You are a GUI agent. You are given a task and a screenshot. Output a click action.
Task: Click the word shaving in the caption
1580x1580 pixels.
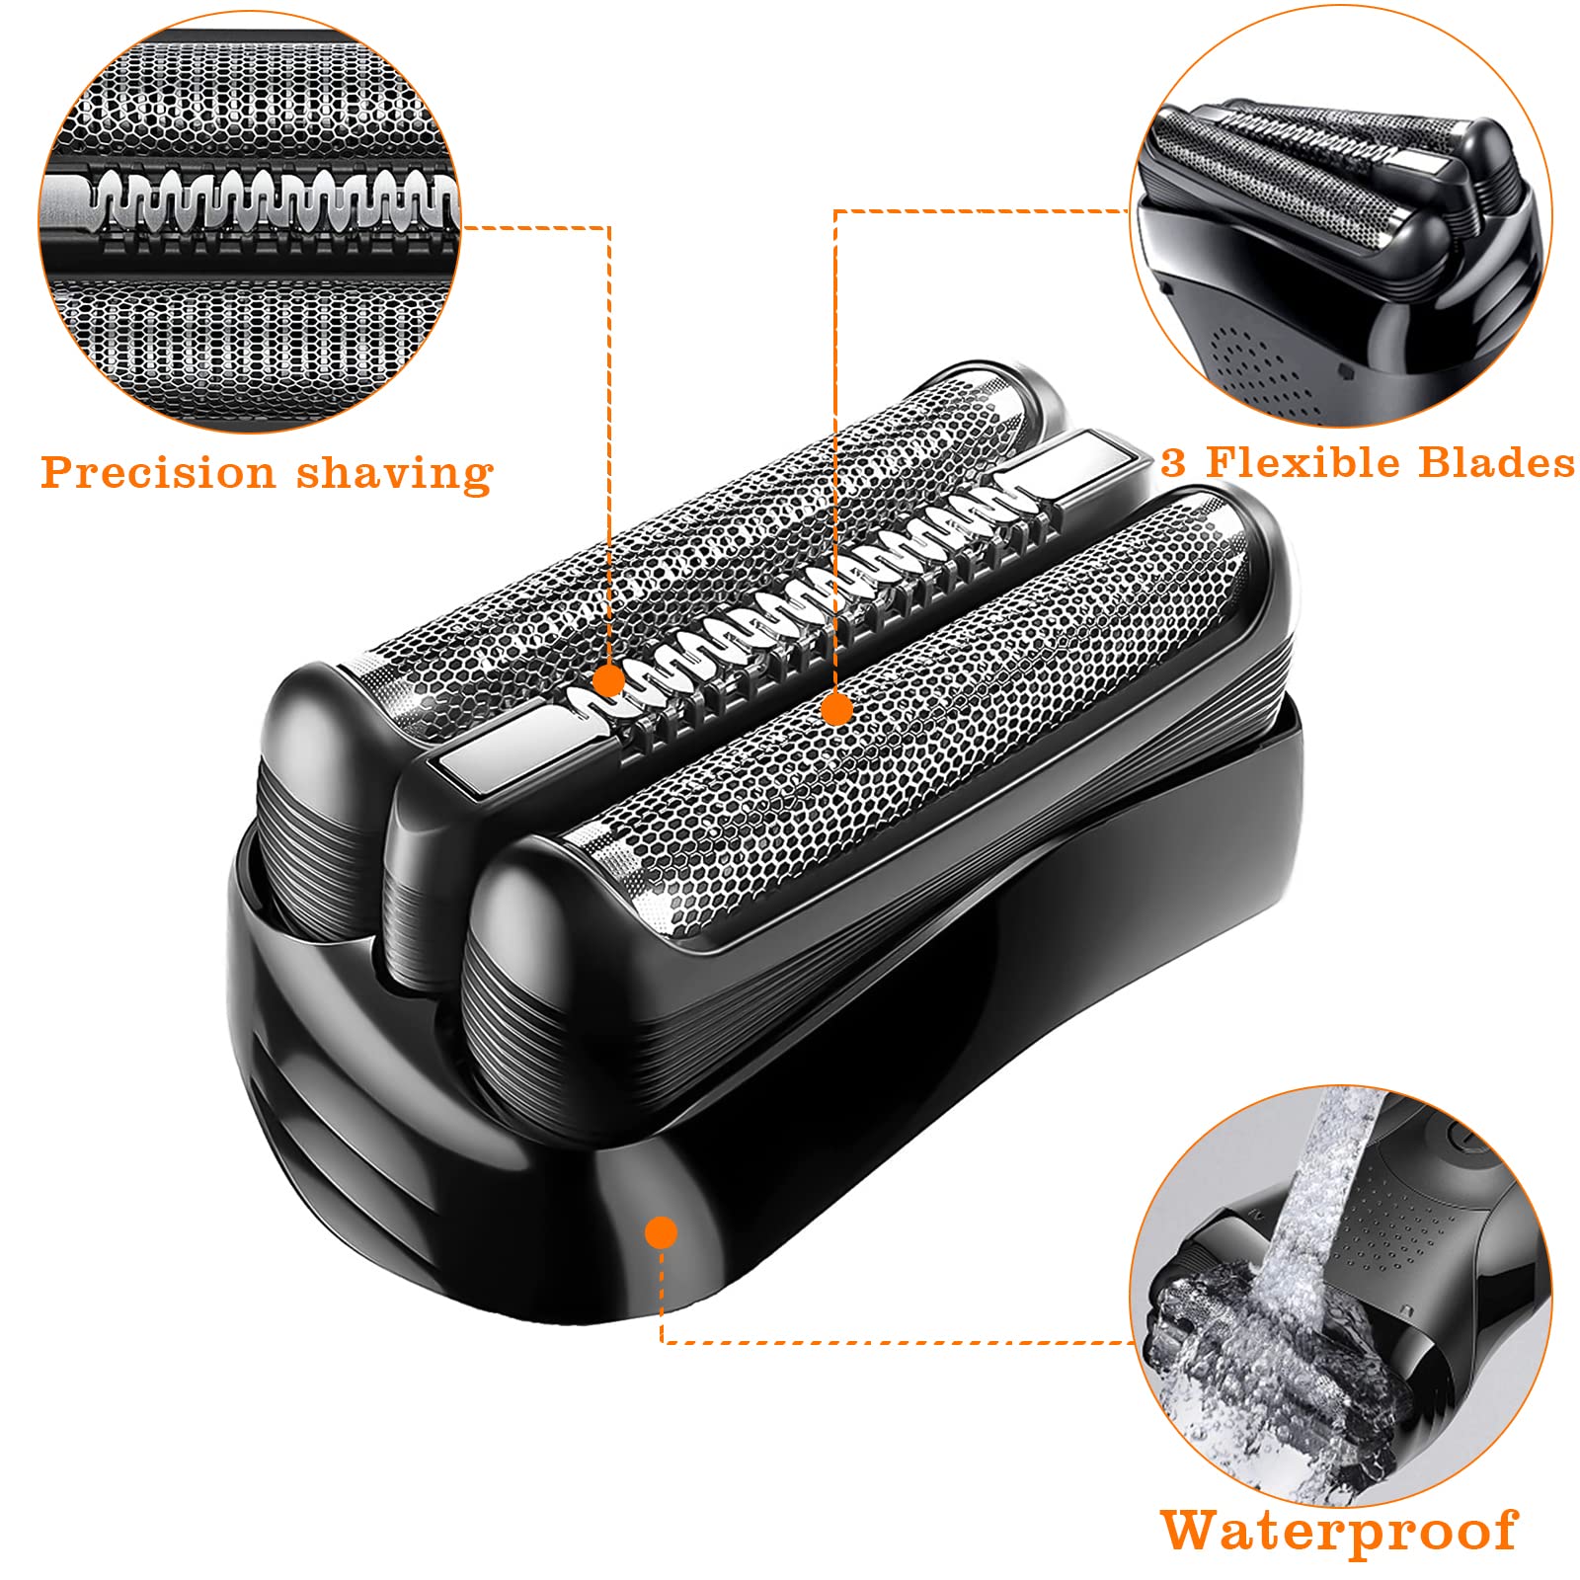(395, 474)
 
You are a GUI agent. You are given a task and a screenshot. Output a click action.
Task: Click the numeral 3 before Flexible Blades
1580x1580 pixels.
(1172, 462)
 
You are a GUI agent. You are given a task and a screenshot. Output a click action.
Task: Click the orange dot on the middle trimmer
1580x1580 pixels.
(609, 680)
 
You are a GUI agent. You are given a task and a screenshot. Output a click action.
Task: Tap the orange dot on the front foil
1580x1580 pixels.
(836, 708)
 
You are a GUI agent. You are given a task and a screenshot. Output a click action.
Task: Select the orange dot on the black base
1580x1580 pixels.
(661, 1231)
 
